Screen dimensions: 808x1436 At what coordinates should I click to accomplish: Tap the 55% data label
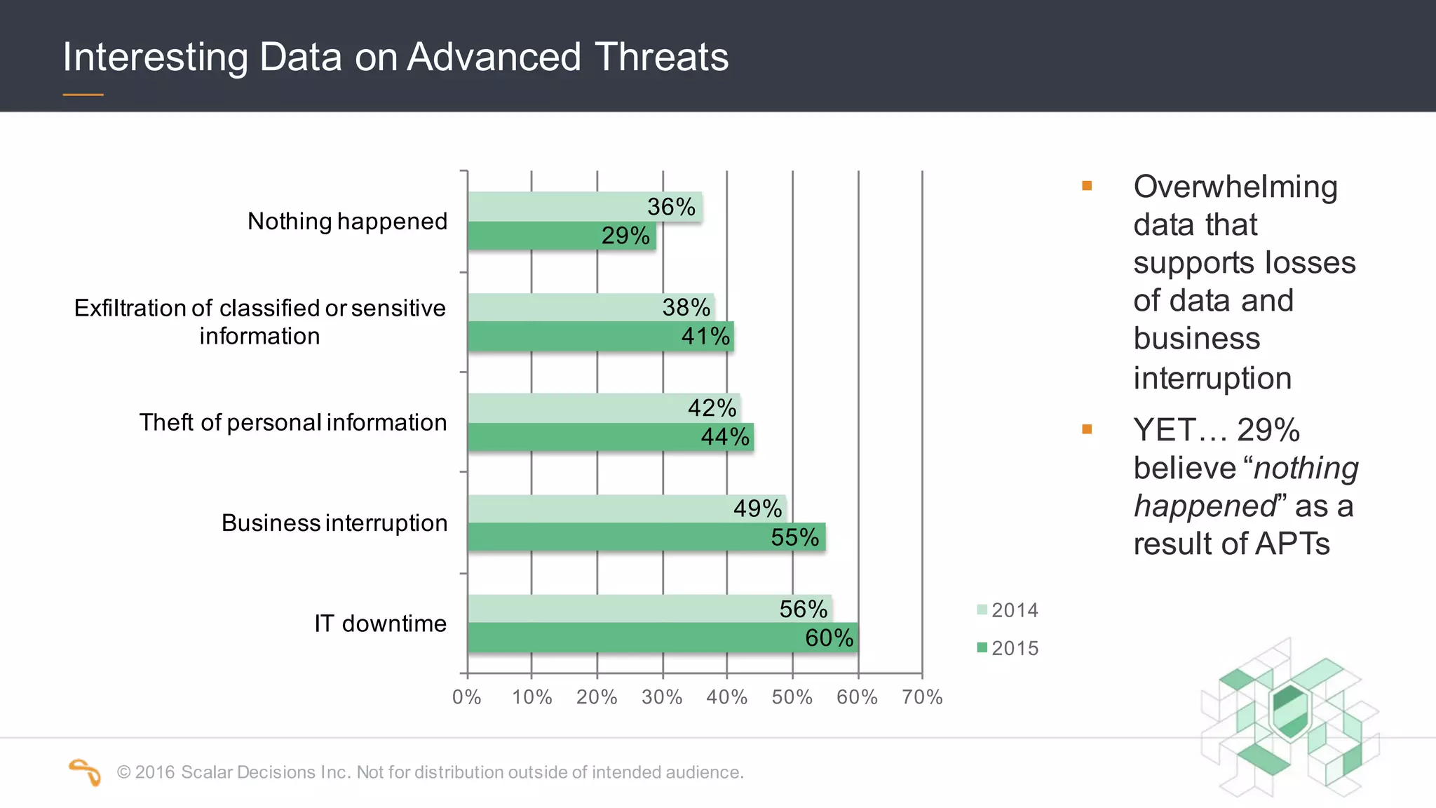pos(794,537)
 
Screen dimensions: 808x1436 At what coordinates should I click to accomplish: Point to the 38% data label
pos(686,307)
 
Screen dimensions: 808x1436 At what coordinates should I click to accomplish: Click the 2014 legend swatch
pos(982,610)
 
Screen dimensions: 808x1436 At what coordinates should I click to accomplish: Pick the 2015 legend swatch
pos(982,647)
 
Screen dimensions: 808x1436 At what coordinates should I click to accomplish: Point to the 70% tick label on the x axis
pos(922,697)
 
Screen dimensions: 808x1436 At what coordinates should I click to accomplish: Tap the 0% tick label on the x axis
pos(466,697)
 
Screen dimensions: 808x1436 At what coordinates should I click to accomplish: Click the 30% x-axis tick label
pos(662,697)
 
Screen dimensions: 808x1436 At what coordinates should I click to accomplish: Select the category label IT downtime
pos(380,624)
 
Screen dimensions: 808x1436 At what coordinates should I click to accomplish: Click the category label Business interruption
pos(334,523)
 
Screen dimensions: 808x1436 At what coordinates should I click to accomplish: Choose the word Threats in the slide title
pos(661,57)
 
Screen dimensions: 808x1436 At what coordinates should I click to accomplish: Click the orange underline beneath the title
pos(83,95)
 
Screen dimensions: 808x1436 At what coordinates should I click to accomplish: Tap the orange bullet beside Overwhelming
pos(1087,186)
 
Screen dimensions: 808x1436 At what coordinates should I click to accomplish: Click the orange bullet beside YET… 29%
pos(1087,429)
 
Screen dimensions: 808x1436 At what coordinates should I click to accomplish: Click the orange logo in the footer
pos(85,772)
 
